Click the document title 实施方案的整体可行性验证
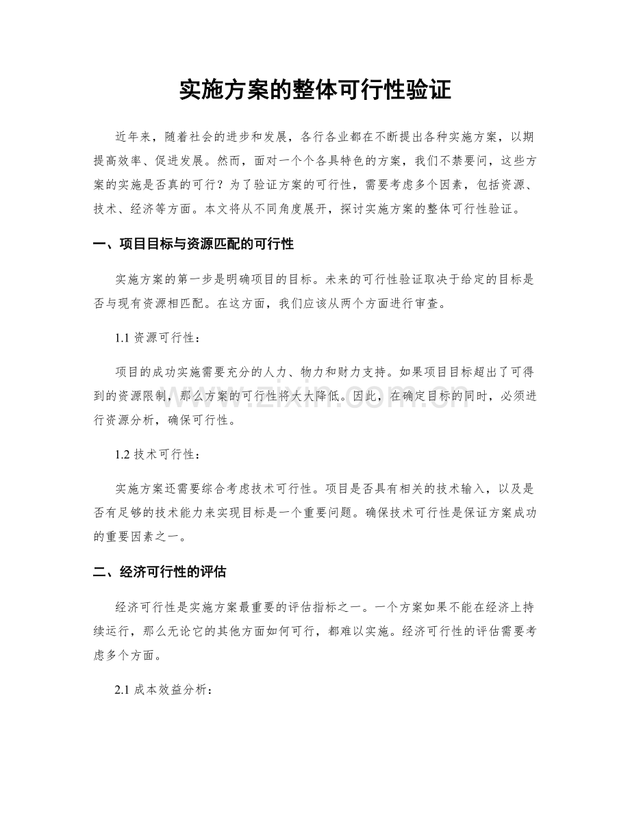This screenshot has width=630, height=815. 315,90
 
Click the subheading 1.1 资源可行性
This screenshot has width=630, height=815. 158,337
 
